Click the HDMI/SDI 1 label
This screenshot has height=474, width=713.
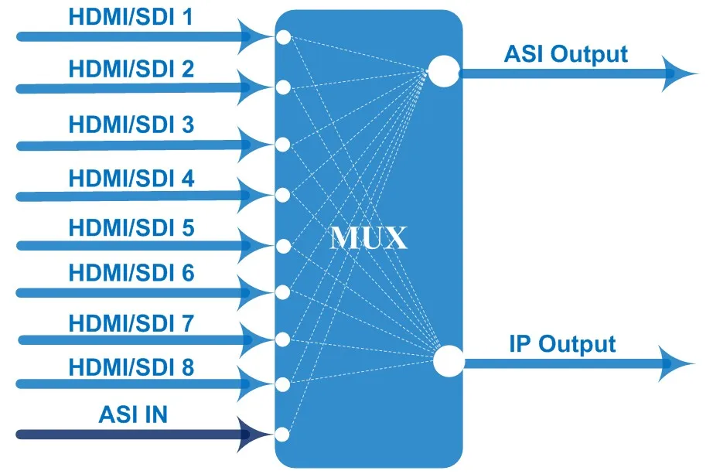131,17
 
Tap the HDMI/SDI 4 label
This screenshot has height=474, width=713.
131,179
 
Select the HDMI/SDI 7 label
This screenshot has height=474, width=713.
131,323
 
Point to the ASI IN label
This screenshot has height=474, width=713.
133,414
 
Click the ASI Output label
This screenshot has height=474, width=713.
566,55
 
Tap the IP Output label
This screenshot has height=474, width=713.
562,344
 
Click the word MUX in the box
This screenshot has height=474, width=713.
368,237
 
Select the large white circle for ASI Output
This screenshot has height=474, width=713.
444,71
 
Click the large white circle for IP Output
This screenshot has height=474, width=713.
449,361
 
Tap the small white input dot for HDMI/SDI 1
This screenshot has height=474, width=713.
283,38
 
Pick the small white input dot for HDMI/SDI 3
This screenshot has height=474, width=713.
283,145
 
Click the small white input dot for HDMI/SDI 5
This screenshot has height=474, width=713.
283,246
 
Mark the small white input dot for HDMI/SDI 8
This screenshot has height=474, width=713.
282,384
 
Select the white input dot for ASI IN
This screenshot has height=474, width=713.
282,435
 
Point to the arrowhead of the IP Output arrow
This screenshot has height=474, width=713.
677,363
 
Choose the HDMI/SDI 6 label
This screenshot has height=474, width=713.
131,273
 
